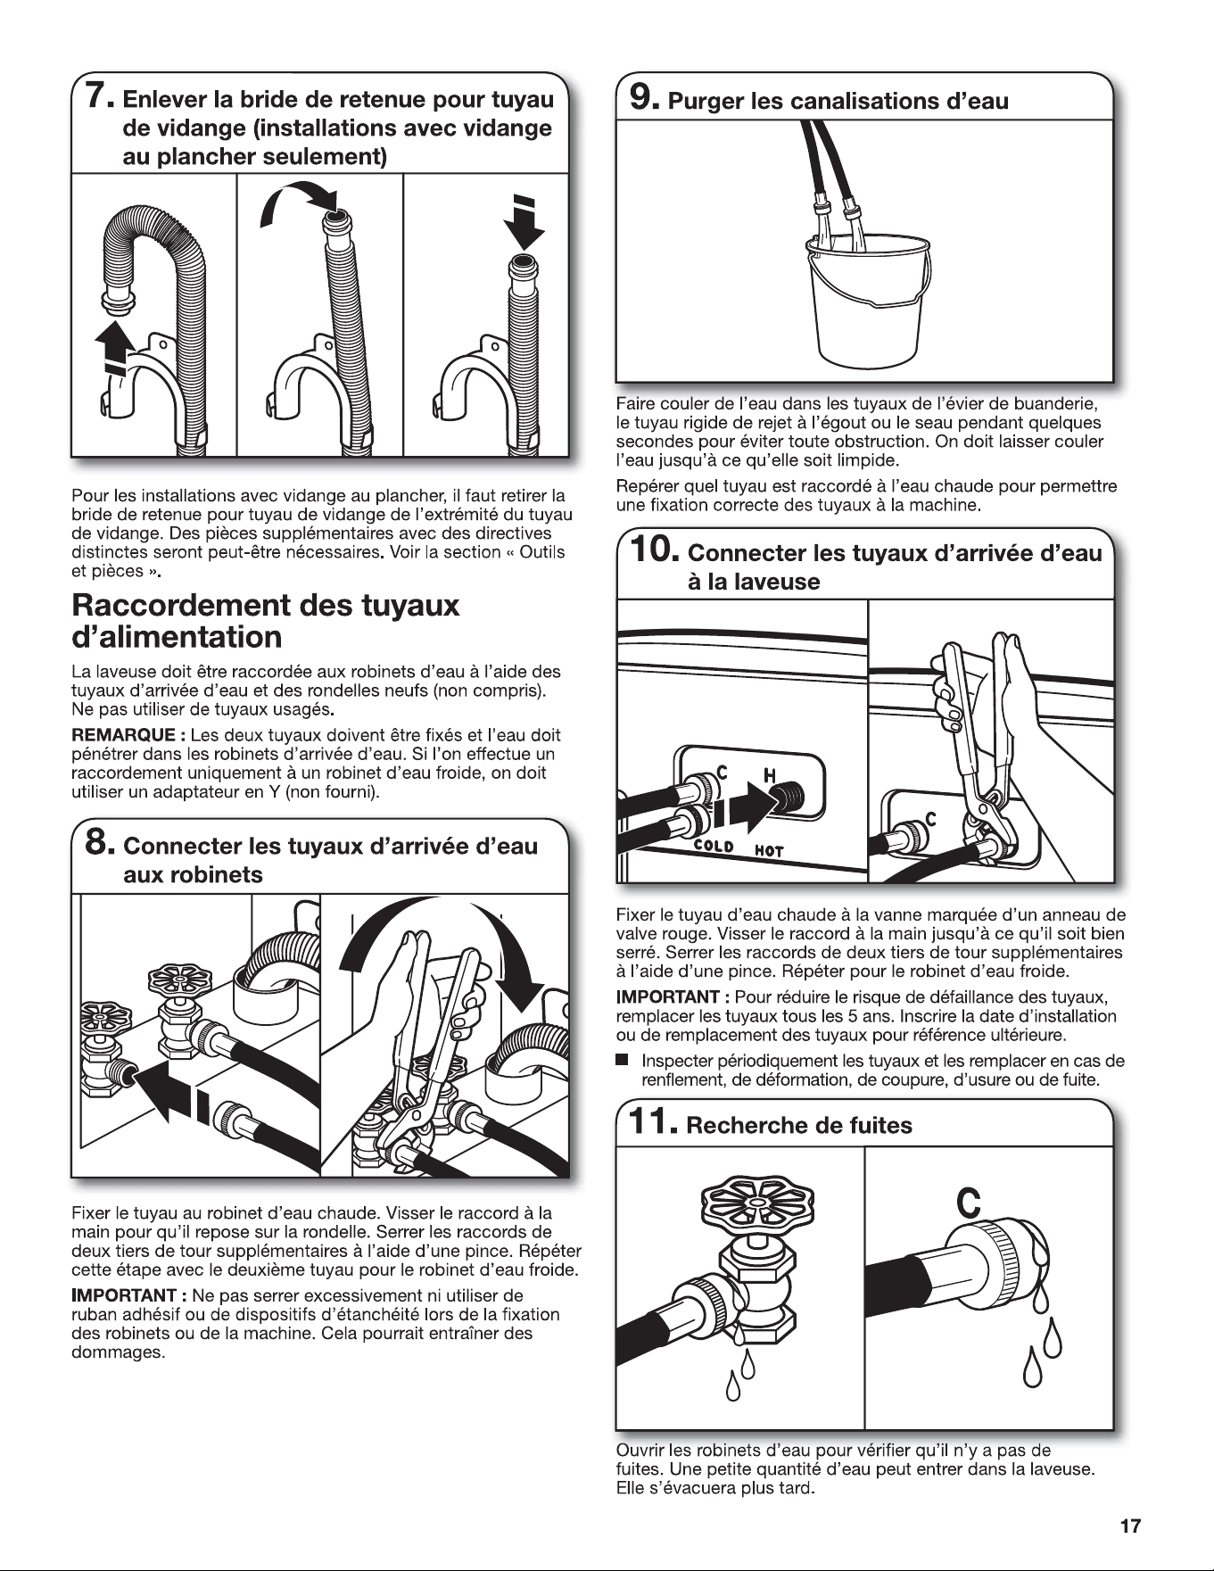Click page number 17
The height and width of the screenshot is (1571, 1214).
pyautogui.click(x=1129, y=1526)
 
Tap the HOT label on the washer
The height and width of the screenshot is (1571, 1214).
pyautogui.click(x=769, y=850)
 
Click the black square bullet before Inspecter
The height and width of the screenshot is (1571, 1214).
pyautogui.click(x=622, y=1062)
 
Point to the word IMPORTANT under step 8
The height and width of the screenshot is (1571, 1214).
pyautogui.click(x=125, y=1294)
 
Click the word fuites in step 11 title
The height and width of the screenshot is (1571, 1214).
pyautogui.click(x=874, y=1125)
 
